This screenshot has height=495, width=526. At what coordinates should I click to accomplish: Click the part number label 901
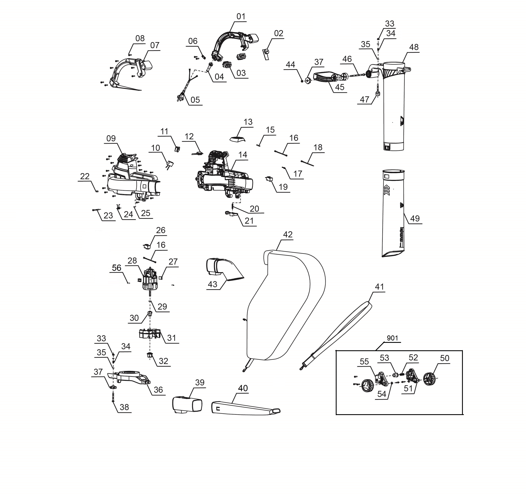tap(392, 338)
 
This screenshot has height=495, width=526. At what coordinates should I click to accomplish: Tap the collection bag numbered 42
tap(286, 305)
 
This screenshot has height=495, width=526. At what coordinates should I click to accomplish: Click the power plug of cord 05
tap(179, 98)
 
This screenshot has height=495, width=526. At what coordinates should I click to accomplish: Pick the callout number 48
tap(414, 47)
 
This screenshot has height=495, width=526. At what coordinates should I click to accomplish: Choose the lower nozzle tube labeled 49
tap(393, 212)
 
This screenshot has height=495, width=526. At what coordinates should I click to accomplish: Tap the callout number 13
tap(248, 122)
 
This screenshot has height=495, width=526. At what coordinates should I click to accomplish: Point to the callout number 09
tap(111, 138)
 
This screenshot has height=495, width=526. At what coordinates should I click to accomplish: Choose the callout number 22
tap(85, 176)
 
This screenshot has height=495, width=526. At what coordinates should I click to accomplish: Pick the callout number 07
tap(155, 45)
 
